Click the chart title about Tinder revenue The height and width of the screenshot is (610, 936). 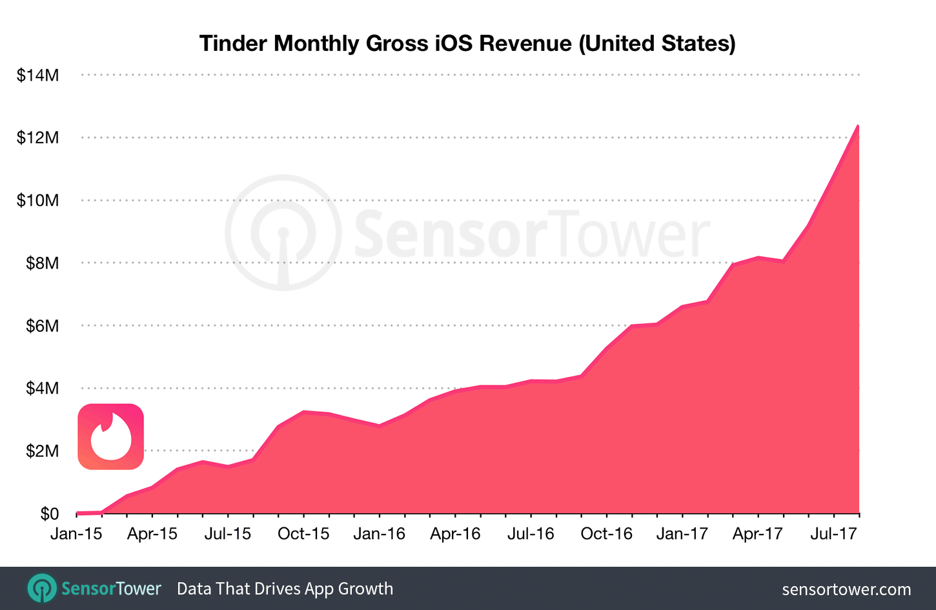(x=467, y=43)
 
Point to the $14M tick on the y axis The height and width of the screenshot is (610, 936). (x=37, y=76)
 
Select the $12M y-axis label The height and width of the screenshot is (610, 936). (x=37, y=137)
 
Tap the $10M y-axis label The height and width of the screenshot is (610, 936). (x=37, y=200)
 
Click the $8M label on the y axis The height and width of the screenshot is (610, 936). (x=42, y=263)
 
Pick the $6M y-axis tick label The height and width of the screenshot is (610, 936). (x=42, y=325)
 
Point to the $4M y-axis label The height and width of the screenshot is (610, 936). (x=42, y=388)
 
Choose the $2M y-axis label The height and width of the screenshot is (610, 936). (x=42, y=451)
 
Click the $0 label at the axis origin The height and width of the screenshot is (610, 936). (x=49, y=513)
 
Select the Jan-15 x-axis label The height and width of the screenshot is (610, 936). (x=76, y=534)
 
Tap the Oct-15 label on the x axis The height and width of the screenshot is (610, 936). (x=303, y=534)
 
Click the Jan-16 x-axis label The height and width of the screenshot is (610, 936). (x=380, y=534)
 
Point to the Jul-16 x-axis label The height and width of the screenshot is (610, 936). (x=531, y=534)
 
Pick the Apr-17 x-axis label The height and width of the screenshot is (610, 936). (x=757, y=534)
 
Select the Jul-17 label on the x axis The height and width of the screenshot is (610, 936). (x=833, y=534)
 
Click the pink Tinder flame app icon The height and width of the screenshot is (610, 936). (x=110, y=436)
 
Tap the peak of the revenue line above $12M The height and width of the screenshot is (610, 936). (x=857, y=127)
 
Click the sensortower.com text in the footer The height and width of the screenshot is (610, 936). (x=846, y=589)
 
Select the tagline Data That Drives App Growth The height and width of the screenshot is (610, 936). (x=285, y=589)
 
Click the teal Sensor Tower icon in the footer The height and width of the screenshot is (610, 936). (x=42, y=589)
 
